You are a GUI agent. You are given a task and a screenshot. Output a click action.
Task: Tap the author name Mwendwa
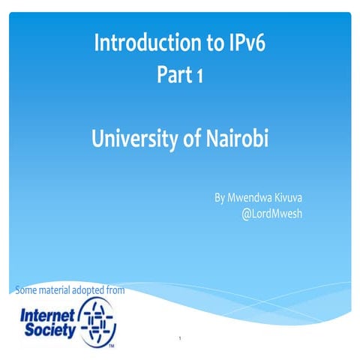(x=256, y=198)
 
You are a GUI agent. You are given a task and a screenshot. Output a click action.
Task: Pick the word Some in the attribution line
(x=27, y=289)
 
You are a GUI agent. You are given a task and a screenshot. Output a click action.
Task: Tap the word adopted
(x=96, y=289)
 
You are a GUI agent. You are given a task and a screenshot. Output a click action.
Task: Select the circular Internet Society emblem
(x=98, y=318)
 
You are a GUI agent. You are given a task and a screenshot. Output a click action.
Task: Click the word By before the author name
(x=220, y=198)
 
